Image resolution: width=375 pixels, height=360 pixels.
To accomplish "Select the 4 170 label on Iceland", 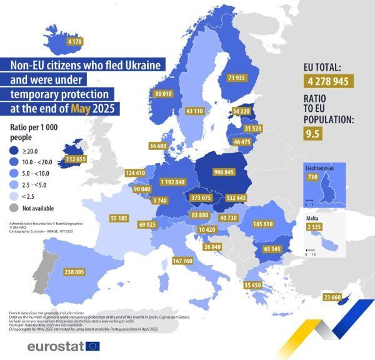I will (74, 41).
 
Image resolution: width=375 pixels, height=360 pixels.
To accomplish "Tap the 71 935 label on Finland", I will (237, 77).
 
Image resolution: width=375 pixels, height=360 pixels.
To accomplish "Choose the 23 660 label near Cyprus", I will (331, 297).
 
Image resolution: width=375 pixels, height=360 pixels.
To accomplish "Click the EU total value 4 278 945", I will (329, 81).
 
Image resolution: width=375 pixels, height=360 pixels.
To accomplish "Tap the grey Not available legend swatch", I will (16, 207).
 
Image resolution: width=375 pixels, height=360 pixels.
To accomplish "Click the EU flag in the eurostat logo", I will (92, 346).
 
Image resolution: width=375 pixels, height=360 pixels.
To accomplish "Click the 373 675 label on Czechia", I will (201, 197).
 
